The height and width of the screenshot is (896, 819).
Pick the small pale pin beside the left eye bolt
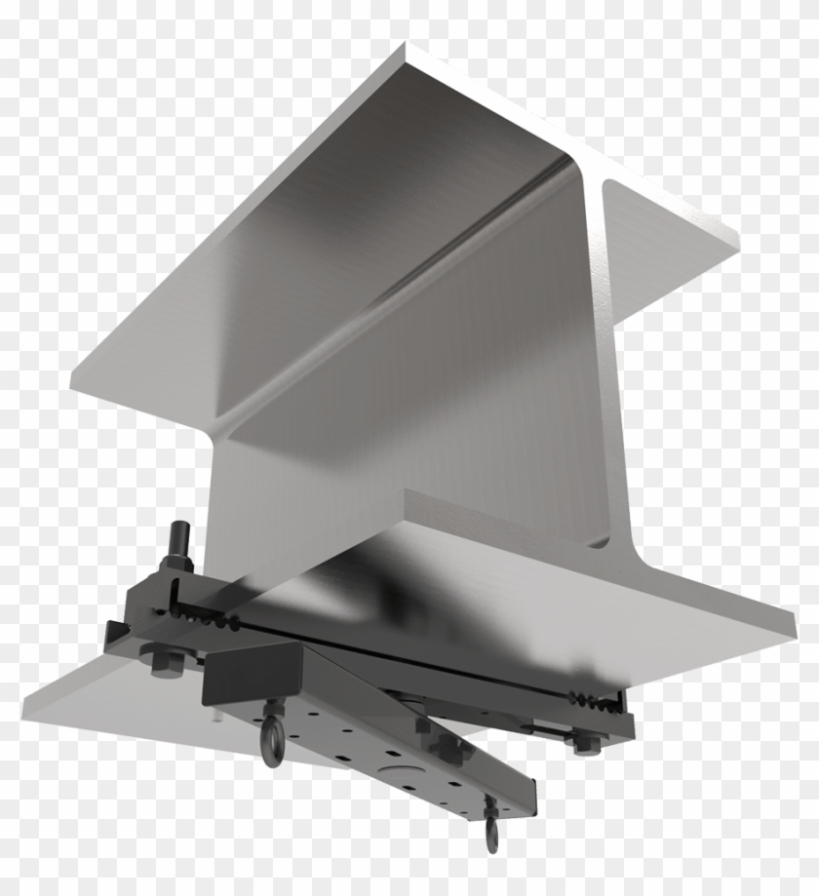(216, 717)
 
